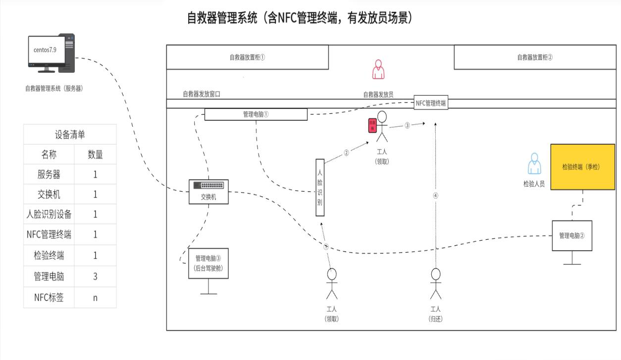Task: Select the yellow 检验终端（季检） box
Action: [x=582, y=167]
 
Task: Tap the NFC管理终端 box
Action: [x=430, y=103]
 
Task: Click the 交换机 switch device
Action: [x=208, y=192]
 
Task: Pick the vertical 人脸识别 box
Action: [x=320, y=188]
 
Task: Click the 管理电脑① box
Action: [x=256, y=114]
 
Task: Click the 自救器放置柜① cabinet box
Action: [x=247, y=57]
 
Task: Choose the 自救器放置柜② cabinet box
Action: [x=535, y=57]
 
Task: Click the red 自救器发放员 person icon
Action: [x=378, y=70]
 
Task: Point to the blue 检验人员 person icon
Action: [x=534, y=164]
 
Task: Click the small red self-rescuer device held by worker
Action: [x=372, y=125]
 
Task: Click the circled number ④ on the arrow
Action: [x=436, y=195]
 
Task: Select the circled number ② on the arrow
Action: [x=346, y=153]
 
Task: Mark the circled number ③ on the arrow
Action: [x=407, y=125]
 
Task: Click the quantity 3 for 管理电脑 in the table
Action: [x=95, y=276]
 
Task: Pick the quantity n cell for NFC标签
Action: [x=95, y=298]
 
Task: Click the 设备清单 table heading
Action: [x=70, y=134]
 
